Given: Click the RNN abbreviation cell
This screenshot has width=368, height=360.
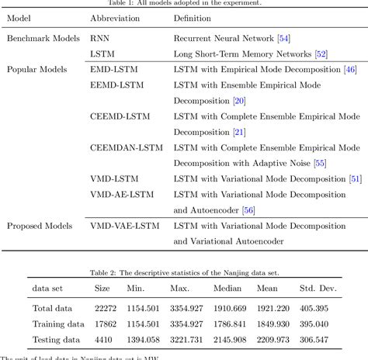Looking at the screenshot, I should click(x=99, y=37).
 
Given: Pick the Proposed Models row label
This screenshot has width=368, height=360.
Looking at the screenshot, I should click(x=40, y=226).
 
